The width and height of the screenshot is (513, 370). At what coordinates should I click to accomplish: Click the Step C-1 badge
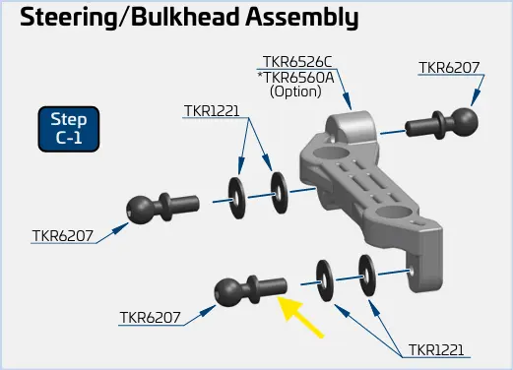tap(69, 129)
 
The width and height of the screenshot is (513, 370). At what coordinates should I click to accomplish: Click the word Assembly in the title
tap(302, 18)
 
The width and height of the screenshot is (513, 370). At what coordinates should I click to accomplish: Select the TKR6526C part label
tap(297, 62)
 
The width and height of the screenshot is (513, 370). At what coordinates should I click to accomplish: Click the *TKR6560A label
tap(295, 78)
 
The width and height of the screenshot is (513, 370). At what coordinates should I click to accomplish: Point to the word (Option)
tap(295, 92)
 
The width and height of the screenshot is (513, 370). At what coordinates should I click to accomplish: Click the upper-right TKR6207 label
tap(449, 68)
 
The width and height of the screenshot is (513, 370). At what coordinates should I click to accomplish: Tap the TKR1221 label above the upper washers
tap(212, 111)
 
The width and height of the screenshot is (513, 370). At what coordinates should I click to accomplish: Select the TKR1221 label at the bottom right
tap(436, 350)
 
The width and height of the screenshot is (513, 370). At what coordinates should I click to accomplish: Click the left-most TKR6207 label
tap(63, 236)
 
